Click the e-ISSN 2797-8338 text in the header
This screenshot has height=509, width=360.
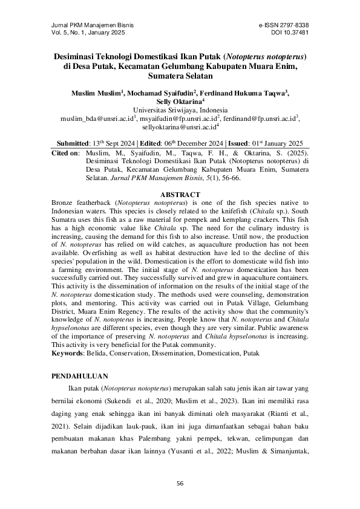[x=283, y=25]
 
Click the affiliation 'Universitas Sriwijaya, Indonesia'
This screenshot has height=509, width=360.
[x=180, y=111]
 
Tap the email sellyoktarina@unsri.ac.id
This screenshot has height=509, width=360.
[x=178, y=128]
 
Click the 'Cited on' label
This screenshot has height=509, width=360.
[x=65, y=154]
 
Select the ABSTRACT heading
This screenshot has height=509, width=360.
[x=180, y=194]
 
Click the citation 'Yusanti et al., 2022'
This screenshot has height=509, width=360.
[x=240, y=446]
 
